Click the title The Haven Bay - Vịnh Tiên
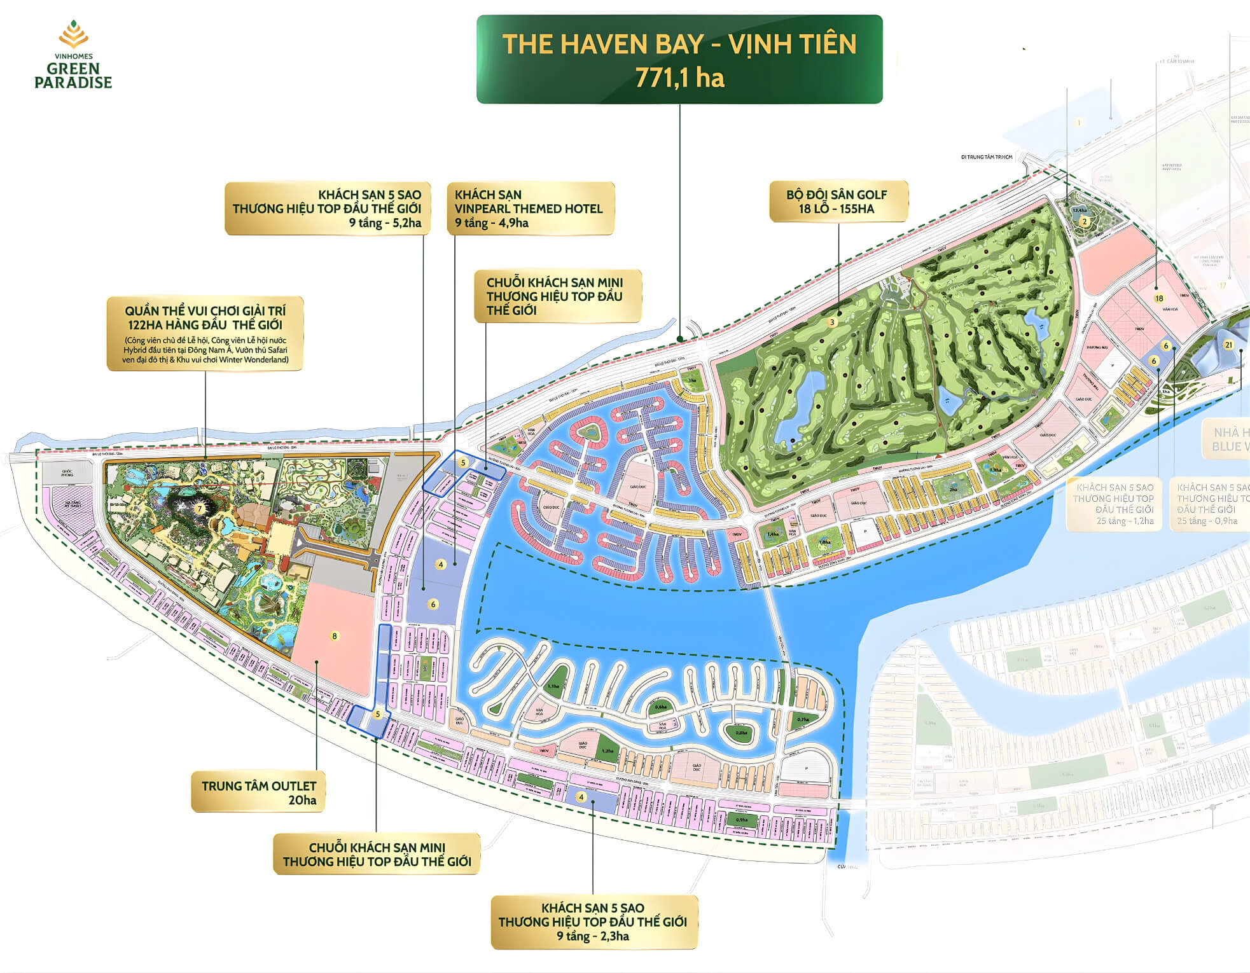(679, 45)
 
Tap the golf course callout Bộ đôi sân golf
(837, 202)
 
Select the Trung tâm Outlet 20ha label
(258, 792)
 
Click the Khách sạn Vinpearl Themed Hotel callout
(529, 209)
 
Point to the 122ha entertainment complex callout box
(205, 333)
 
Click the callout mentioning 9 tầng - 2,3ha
(593, 921)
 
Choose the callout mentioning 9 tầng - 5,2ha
(326, 209)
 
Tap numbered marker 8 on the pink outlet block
(335, 636)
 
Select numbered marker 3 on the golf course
(831, 322)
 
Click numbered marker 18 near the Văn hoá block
(1158, 298)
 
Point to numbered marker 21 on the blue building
(1228, 345)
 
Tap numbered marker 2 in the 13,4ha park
(1085, 222)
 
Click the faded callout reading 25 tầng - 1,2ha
(1113, 504)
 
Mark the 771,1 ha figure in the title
(679, 78)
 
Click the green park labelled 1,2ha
(608, 750)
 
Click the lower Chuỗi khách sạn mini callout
(377, 854)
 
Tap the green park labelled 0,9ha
(742, 820)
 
